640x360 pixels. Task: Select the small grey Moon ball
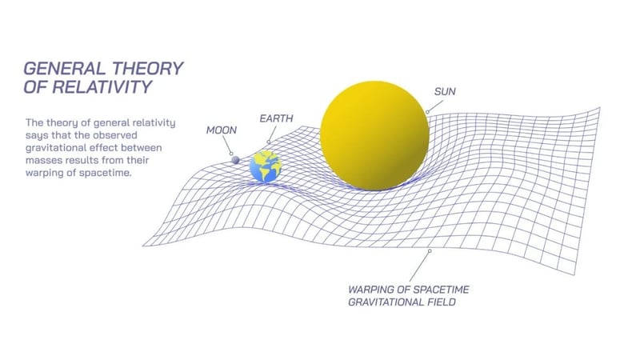[236, 160]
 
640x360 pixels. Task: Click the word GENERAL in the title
[60, 69]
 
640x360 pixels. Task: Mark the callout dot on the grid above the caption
[430, 250]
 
